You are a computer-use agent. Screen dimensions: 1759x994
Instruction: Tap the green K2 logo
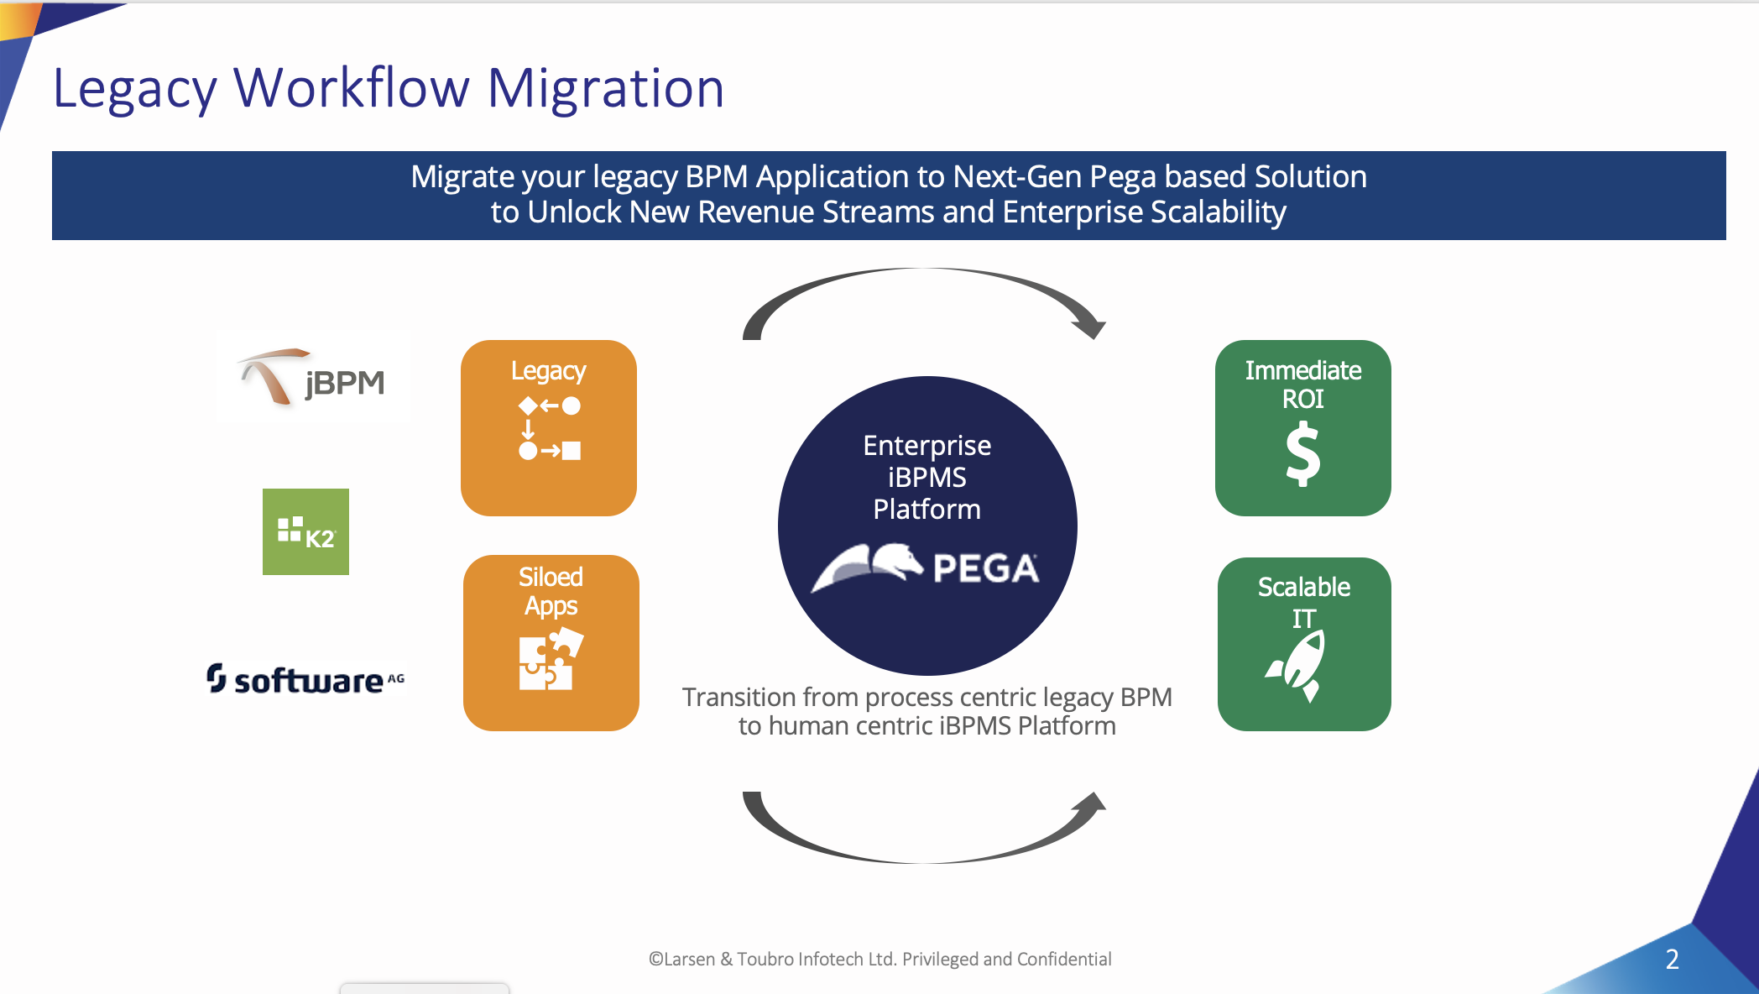click(x=305, y=531)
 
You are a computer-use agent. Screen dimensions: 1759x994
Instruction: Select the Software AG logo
click(x=305, y=679)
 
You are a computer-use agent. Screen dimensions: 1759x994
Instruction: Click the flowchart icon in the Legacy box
click(x=550, y=428)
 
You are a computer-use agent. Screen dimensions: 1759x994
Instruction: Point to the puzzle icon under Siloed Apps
click(x=551, y=659)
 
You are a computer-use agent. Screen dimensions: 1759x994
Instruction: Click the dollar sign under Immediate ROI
click(x=1303, y=453)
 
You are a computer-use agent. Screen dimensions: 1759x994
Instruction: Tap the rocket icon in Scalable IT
click(x=1297, y=667)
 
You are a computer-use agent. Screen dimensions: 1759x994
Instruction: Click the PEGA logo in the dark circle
click(x=925, y=568)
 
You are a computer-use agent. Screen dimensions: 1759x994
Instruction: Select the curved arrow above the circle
click(x=923, y=269)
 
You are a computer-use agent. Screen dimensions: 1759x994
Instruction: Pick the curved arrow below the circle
click(x=923, y=861)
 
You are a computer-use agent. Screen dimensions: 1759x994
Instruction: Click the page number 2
click(x=1672, y=959)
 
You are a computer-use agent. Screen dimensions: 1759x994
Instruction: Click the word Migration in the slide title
click(x=605, y=88)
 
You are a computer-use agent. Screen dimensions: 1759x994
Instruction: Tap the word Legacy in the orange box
click(x=549, y=372)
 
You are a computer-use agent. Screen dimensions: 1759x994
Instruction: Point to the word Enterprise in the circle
click(x=927, y=445)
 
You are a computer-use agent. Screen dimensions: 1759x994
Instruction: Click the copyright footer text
click(x=879, y=959)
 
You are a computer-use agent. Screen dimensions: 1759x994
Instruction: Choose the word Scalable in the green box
click(x=1304, y=587)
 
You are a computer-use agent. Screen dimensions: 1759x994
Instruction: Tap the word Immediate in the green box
click(x=1303, y=370)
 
